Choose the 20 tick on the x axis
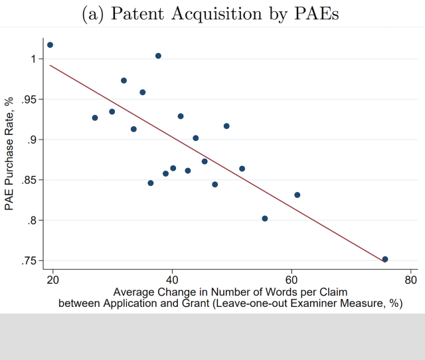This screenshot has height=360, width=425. [53, 278]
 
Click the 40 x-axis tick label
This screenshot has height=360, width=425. [173, 278]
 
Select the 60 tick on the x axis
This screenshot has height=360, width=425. [292, 278]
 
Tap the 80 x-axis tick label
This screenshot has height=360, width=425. [410, 278]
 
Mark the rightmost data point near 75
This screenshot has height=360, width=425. [385, 259]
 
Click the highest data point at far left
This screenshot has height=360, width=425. [50, 45]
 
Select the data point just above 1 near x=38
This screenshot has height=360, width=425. [158, 56]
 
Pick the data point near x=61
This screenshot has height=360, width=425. [297, 195]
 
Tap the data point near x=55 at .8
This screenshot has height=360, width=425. [265, 219]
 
